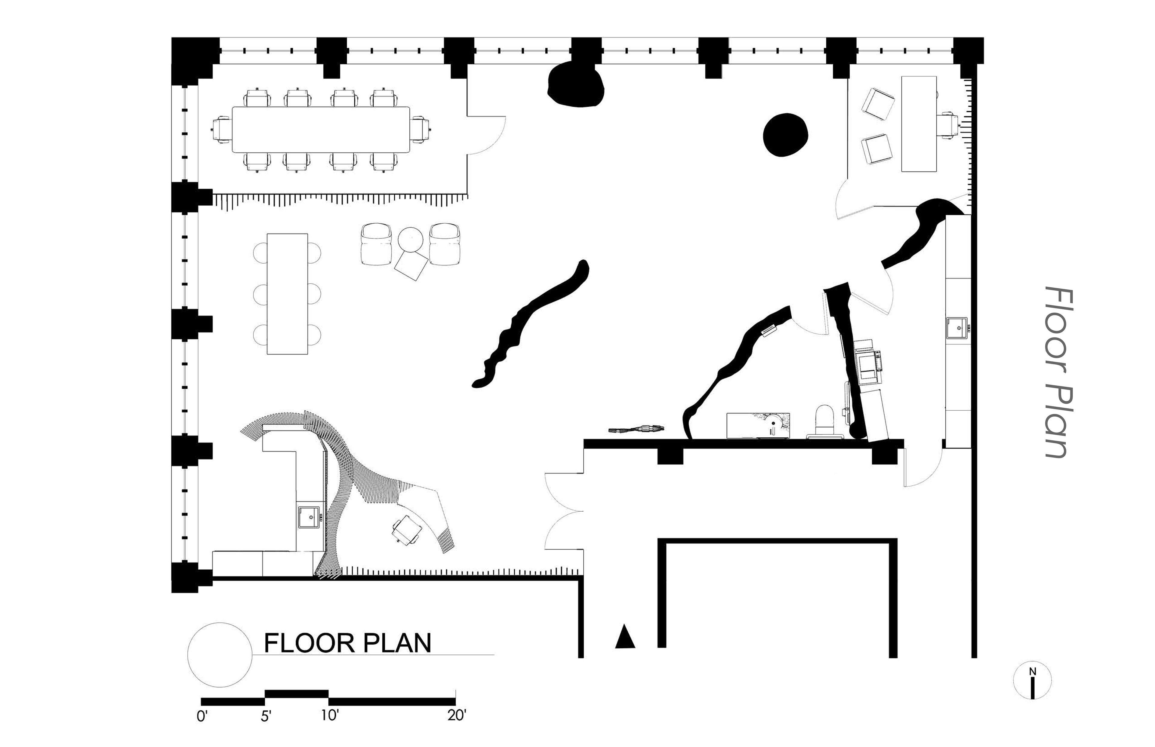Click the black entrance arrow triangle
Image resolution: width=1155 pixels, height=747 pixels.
tap(625, 637)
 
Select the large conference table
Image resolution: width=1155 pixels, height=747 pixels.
tap(321, 130)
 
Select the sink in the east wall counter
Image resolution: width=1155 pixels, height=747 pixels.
tap(956, 328)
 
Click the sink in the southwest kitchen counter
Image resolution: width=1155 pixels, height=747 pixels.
tap(309, 516)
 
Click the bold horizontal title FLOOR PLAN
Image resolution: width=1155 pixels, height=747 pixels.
tap(347, 643)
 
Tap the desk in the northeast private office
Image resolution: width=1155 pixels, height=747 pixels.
tap(919, 124)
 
